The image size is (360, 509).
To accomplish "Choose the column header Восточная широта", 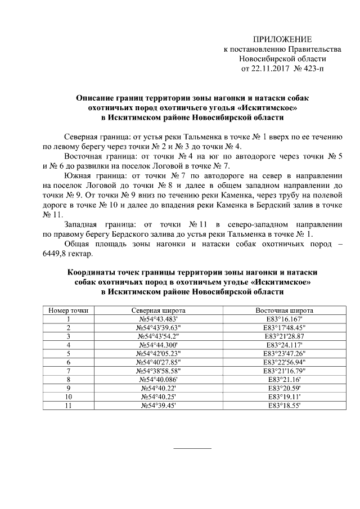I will (x=285, y=310).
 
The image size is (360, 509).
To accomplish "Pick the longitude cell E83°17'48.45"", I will (x=285, y=327).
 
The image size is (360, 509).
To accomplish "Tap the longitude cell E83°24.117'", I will (x=285, y=345).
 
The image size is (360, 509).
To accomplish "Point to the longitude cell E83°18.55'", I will (x=285, y=405).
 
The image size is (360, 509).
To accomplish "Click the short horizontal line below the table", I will (x=192, y=448).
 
